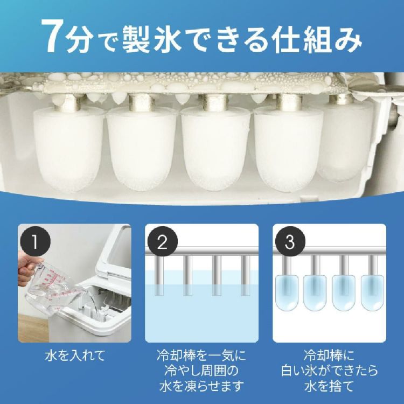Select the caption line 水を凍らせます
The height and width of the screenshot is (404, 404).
pos(202,386)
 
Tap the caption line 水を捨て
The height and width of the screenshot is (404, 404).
pos(329,386)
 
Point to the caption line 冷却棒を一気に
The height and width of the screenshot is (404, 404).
pos(202,357)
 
